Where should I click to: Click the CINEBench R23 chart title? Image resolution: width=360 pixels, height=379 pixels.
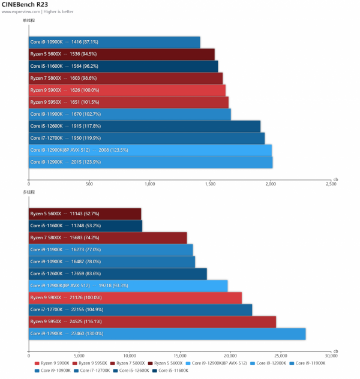(25, 5)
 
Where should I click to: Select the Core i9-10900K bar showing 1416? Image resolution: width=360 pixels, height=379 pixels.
(114, 42)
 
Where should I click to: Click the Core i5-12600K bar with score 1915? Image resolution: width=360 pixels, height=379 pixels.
(145, 126)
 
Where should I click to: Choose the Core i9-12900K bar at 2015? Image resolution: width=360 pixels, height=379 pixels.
(151, 162)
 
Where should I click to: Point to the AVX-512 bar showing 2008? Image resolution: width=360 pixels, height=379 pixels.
(150, 150)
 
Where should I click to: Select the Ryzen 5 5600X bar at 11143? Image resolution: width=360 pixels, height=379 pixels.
(85, 213)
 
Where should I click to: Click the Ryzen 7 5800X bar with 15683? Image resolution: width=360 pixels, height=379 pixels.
(108, 237)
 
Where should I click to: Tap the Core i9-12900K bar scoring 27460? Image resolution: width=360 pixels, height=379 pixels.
(167, 333)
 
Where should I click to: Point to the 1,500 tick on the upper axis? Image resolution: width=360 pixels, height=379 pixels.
(210, 184)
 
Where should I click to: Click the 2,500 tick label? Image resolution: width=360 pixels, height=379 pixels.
(331, 184)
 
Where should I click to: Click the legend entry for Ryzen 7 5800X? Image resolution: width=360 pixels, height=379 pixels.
(128, 363)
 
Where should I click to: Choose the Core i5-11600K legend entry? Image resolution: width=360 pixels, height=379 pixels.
(172, 371)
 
